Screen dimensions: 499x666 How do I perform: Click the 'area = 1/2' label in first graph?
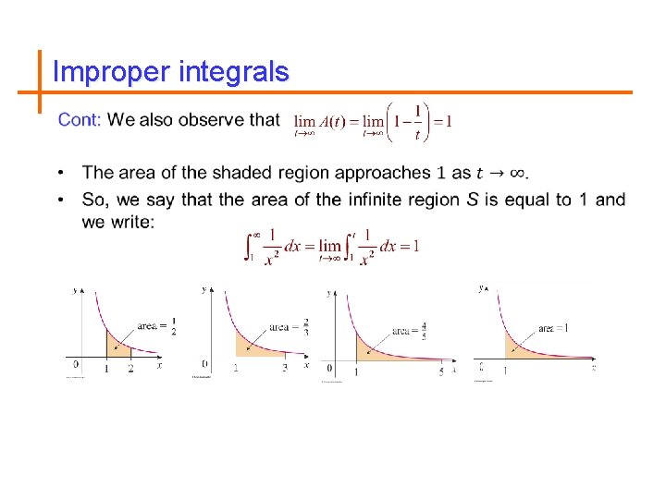[156, 325]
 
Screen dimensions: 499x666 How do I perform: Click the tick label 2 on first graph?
[130, 368]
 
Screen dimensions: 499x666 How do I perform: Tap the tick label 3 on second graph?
[284, 368]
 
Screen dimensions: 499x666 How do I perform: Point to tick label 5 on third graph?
[440, 371]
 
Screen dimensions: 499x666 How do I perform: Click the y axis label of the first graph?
[75, 291]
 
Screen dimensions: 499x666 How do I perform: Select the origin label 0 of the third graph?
[330, 370]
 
